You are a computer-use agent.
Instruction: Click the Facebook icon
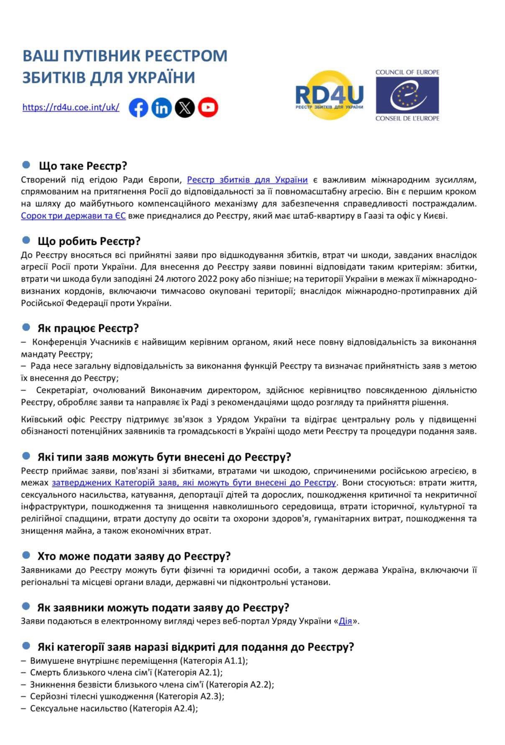[x=138, y=108]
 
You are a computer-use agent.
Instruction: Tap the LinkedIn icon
[x=161, y=108]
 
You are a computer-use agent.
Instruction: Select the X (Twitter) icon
[x=185, y=108]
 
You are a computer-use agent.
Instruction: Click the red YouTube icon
[x=208, y=108]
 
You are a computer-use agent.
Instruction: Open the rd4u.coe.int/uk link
[x=71, y=107]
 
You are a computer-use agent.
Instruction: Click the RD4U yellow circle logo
[x=330, y=95]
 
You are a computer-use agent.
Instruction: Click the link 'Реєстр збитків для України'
[x=247, y=180]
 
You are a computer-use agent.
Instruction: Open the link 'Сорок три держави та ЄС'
[x=73, y=216]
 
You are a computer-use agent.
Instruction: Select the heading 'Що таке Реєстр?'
[x=83, y=166]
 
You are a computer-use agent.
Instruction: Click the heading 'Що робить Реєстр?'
[x=89, y=241]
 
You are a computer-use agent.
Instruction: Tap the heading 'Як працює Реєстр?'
[x=88, y=328]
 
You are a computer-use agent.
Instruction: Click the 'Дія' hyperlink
[x=345, y=621]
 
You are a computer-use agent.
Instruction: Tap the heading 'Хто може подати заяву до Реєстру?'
[x=134, y=556]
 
